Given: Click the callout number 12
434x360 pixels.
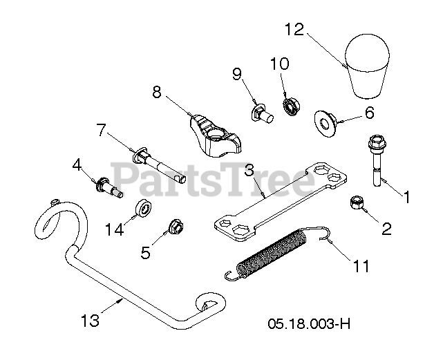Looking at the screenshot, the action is click(x=294, y=30).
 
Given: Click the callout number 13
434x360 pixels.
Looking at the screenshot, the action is click(x=90, y=321).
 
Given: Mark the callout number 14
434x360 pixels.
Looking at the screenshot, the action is click(x=115, y=229).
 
